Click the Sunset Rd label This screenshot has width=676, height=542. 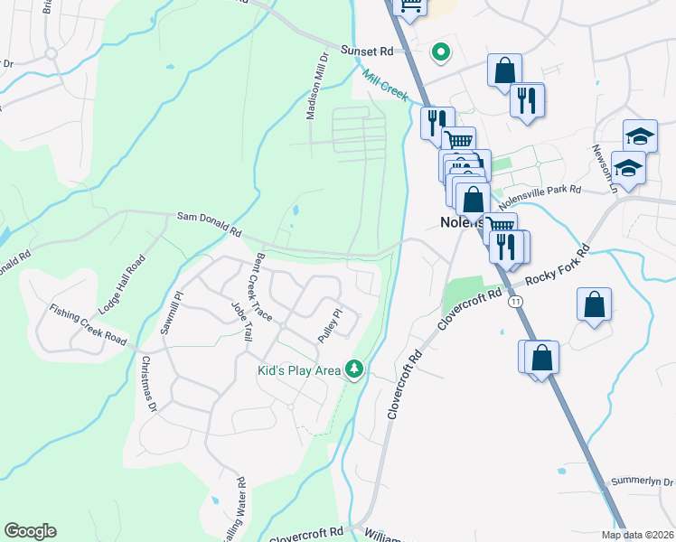click(367, 51)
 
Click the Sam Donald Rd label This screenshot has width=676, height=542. click(209, 224)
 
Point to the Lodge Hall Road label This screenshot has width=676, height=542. click(122, 285)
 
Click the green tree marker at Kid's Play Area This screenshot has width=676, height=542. click(356, 369)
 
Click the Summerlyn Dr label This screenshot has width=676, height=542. click(642, 481)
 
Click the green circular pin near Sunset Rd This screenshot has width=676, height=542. click(440, 52)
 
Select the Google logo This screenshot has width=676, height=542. click(30, 531)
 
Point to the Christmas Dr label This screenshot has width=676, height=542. click(148, 383)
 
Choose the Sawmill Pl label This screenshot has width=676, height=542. click(172, 313)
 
